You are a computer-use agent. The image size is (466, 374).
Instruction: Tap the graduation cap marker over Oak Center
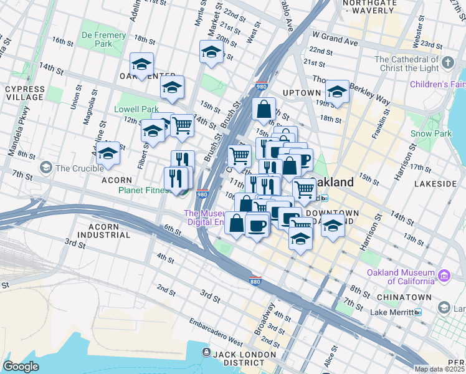tap(142, 64)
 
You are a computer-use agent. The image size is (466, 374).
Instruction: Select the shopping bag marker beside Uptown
tap(264, 108)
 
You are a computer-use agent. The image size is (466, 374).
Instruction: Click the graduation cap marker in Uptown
tap(337, 92)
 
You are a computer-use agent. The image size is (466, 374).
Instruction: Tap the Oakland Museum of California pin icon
tap(444, 275)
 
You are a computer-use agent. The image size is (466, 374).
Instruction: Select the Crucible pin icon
tap(45, 168)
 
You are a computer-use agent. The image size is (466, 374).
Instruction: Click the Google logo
tap(21, 367)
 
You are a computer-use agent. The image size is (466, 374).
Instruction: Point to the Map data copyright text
tap(440, 369)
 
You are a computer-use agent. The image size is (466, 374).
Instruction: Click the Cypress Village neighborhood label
tap(25, 93)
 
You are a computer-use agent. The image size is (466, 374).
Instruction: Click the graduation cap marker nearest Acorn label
tap(108, 154)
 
